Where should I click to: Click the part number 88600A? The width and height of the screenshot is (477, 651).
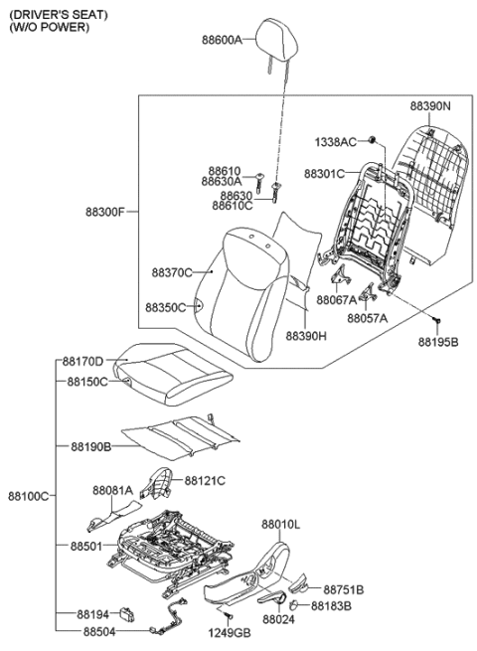point(221,42)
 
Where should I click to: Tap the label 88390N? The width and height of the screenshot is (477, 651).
point(431,104)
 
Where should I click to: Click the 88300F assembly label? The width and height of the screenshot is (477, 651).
point(106,212)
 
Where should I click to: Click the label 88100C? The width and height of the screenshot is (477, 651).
point(27,494)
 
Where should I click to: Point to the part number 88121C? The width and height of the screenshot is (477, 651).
point(205,480)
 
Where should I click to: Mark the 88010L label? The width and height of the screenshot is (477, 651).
point(281,523)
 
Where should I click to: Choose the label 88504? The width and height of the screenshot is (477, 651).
point(98,630)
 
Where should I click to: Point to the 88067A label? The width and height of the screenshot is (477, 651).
point(338,299)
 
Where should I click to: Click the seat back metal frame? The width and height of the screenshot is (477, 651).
point(373,224)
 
